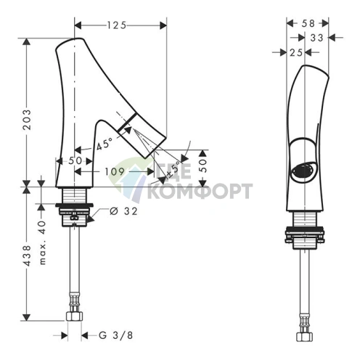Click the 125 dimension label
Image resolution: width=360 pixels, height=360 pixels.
pyautogui.click(x=117, y=25)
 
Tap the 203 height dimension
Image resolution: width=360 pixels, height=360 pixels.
pyautogui.click(x=27, y=120)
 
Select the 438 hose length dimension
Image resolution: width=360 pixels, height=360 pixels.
pyautogui.click(x=27, y=255)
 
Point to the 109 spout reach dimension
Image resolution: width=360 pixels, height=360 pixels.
pyautogui.click(x=115, y=171)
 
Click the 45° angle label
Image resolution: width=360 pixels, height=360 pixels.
pyautogui.click(x=105, y=144)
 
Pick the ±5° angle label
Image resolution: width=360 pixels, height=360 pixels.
pyautogui.click(x=173, y=169)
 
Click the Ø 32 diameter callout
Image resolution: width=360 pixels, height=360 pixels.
pyautogui.click(x=123, y=211)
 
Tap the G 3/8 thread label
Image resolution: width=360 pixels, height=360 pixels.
pyautogui.click(x=116, y=335)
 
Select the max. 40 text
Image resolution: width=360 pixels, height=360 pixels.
pyautogui.click(x=42, y=242)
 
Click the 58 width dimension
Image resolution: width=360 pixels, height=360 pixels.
pyautogui.click(x=308, y=23)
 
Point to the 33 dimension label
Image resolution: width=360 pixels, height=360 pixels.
pyautogui.click(x=316, y=38)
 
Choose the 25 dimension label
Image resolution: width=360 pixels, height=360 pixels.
pyautogui.click(x=296, y=52)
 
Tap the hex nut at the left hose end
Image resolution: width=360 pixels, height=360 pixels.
pyautogui.click(x=74, y=316)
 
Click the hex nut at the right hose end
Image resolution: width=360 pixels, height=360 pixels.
pyautogui.click(x=304, y=337)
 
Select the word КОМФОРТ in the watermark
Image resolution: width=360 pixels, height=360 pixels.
pyautogui.click(x=200, y=191)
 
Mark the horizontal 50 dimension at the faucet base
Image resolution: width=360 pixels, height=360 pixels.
pyautogui.click(x=75, y=160)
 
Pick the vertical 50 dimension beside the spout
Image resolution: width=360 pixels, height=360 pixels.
pyautogui.click(x=204, y=165)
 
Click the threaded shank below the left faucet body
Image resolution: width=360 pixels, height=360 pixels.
pyautogui.click(x=75, y=195)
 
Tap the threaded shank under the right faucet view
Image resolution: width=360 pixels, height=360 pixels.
pyautogui.click(x=305, y=219)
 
